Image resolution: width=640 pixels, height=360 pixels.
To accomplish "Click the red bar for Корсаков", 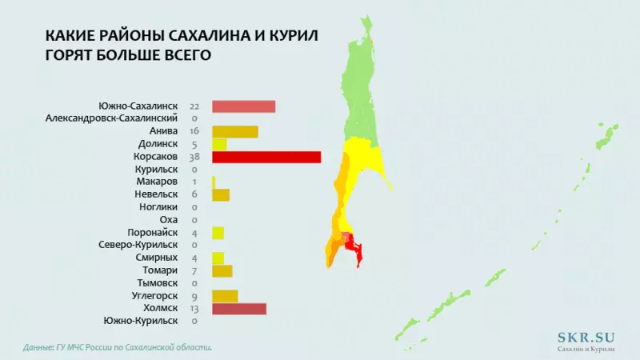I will click(x=266, y=157).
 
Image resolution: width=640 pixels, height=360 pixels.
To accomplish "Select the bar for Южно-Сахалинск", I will click(x=243, y=106).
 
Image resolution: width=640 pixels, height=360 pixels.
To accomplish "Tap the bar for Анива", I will click(x=234, y=132).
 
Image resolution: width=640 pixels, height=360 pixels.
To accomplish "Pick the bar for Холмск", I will click(x=238, y=309).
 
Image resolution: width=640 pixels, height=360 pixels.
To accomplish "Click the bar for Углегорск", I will click(x=225, y=296).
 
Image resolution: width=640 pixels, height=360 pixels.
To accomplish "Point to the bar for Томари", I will click(x=222, y=270).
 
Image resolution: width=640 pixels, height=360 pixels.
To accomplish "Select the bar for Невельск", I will click(x=220, y=194).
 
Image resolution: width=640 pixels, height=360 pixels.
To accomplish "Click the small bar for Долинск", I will click(x=218, y=144).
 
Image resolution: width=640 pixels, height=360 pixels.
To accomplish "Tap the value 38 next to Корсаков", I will click(x=194, y=157).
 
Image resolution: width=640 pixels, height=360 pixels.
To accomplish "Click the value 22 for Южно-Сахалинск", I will click(x=194, y=106).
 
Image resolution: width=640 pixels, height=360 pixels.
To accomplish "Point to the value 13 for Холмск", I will click(x=194, y=309).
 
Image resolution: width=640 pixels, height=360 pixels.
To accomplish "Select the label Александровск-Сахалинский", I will click(x=111, y=118).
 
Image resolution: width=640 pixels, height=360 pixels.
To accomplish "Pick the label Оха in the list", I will click(x=167, y=220).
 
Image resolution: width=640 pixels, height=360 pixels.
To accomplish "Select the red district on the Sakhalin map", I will click(x=352, y=244).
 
